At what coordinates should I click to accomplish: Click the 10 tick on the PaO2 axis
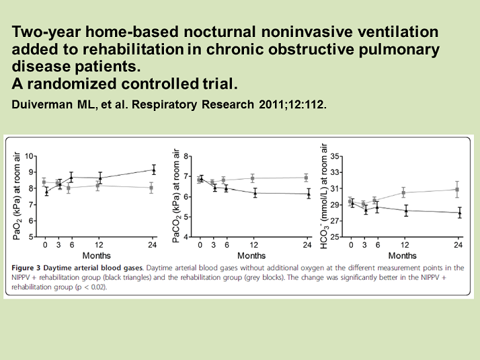[x=29, y=156]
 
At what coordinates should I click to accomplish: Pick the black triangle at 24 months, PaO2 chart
[x=153, y=170]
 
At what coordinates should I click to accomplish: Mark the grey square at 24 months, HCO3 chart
[x=458, y=190]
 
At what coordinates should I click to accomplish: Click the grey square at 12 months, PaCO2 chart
[x=253, y=178]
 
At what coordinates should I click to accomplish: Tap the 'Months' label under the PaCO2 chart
[x=251, y=256]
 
